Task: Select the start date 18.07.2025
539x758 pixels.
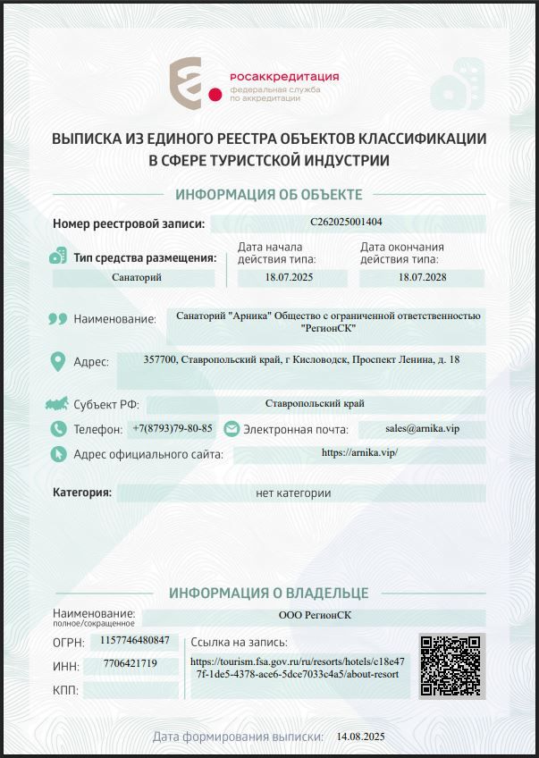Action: click(289, 278)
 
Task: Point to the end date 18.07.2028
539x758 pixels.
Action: click(422, 278)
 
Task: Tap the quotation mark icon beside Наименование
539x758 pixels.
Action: click(58, 318)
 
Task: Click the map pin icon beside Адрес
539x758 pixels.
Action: click(58, 361)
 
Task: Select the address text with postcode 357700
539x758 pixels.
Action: click(302, 360)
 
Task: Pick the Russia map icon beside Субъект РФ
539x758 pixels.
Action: click(58, 404)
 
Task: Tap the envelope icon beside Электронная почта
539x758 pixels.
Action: click(232, 429)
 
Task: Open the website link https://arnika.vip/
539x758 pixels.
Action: click(358, 452)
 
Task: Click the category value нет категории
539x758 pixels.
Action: click(293, 493)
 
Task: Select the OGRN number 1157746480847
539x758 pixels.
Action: click(135, 640)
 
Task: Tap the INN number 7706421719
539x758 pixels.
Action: click(131, 663)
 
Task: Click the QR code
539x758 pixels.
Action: click(451, 666)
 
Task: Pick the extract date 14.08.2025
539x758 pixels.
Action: click(360, 737)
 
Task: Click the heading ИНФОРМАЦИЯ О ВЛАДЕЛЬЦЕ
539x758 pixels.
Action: click(269, 593)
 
